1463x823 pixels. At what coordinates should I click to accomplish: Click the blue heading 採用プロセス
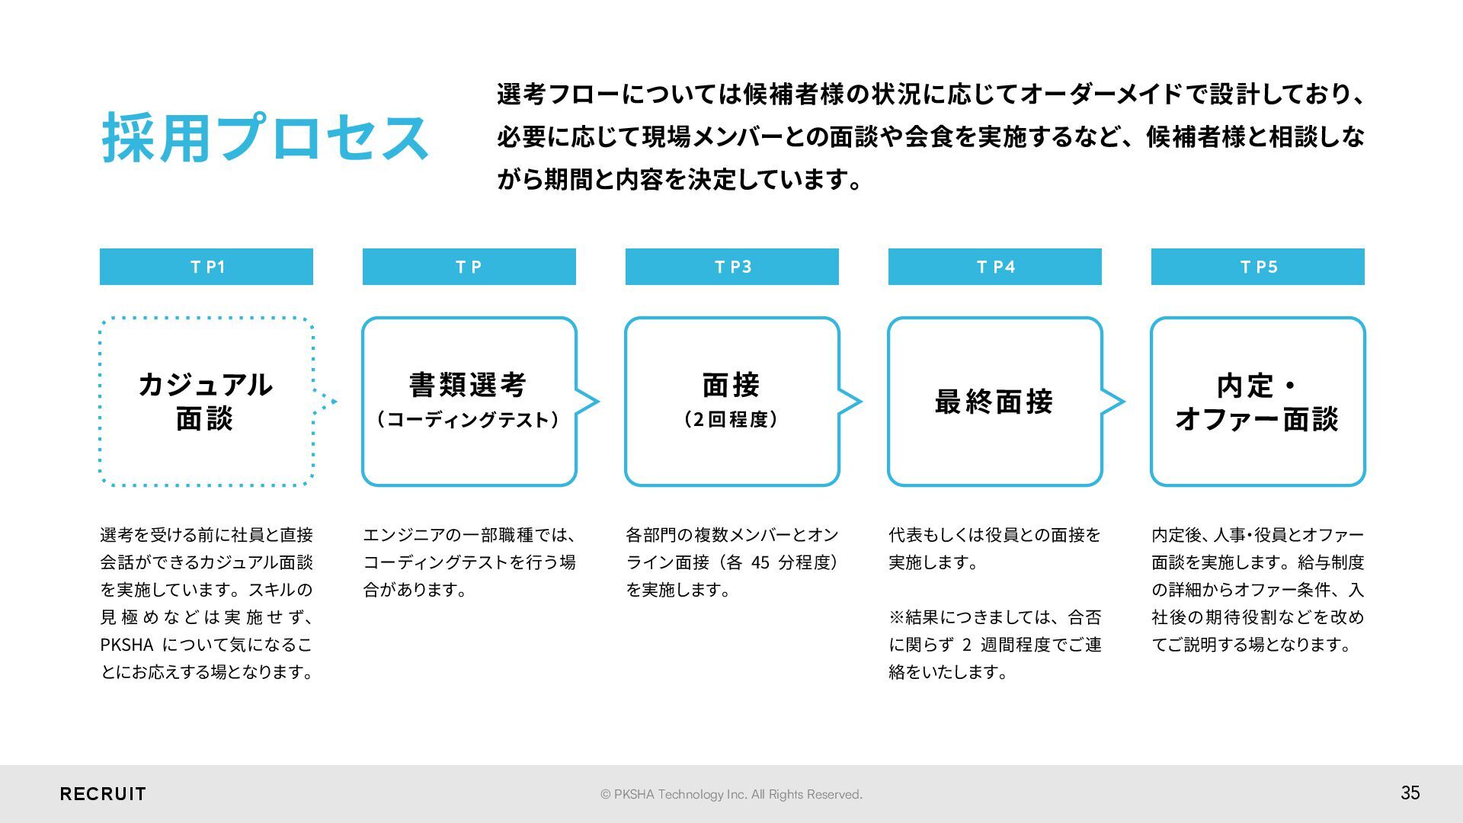coord(265,138)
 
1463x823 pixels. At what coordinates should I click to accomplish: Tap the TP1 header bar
coord(206,267)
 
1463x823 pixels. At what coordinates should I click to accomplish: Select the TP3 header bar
coord(732,267)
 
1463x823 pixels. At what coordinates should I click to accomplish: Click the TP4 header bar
coord(995,267)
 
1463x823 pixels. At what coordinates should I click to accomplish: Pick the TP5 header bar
coord(1258,267)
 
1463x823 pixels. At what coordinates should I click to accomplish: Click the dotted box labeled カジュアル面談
coord(206,401)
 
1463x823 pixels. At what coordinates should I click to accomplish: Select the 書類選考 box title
coord(468,385)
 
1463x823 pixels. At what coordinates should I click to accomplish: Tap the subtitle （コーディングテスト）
coord(468,420)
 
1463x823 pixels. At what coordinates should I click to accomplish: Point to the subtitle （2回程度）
coord(731,420)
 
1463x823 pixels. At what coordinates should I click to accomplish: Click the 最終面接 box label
coord(994,402)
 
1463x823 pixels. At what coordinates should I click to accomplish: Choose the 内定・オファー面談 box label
coord(1257,402)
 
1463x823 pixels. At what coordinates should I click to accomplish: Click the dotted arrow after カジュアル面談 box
coord(326,402)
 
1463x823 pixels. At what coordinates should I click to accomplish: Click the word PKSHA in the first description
coord(126,645)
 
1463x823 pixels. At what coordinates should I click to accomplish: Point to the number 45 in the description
coord(760,562)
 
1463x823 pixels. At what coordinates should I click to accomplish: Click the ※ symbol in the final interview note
coord(896,617)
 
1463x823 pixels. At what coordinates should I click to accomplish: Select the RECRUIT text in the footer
coord(103,794)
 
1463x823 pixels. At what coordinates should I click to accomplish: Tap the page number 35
coord(1410,793)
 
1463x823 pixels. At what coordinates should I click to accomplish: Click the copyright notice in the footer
coord(731,794)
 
